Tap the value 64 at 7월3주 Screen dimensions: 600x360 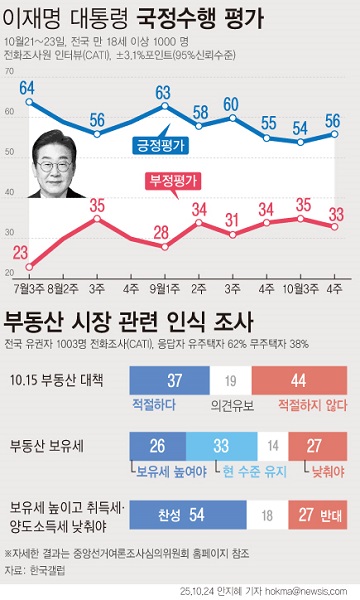tap(27, 88)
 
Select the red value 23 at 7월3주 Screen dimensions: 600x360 tap(21, 251)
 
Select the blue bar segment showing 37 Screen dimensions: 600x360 tap(174, 379)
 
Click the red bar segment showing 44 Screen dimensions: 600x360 tap(297, 379)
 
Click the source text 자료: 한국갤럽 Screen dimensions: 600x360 tap(33, 570)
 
